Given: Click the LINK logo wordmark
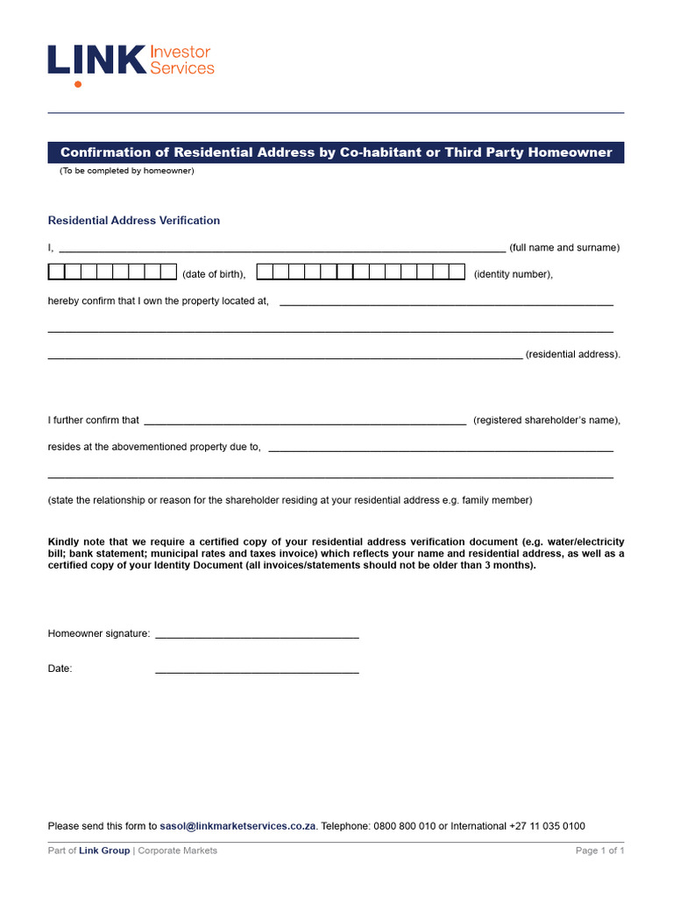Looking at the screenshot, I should point(96,60).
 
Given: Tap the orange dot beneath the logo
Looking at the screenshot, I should point(78,84).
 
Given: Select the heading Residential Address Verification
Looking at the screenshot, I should point(134,221).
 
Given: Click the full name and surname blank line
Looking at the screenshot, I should point(281,249).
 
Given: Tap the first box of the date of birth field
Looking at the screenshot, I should point(55,272).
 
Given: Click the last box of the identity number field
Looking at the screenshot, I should point(457,272).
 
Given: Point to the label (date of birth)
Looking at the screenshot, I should point(214,274).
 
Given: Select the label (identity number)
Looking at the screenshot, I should point(513,274).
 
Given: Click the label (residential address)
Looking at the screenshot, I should point(573,355).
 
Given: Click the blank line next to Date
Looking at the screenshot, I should point(257,671).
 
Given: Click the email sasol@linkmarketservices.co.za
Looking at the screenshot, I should point(237,826).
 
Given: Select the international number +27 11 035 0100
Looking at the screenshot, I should point(547,826).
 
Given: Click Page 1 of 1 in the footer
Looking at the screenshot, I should point(599,851).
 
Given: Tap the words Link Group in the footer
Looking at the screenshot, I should point(104,851).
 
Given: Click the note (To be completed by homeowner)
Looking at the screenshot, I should point(127,171).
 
